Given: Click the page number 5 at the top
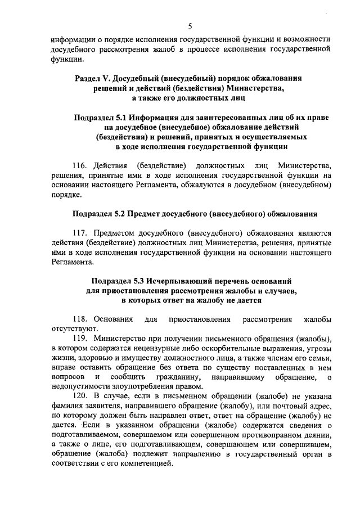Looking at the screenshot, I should pos(190,26).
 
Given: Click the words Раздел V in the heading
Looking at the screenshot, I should pos(93,78).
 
